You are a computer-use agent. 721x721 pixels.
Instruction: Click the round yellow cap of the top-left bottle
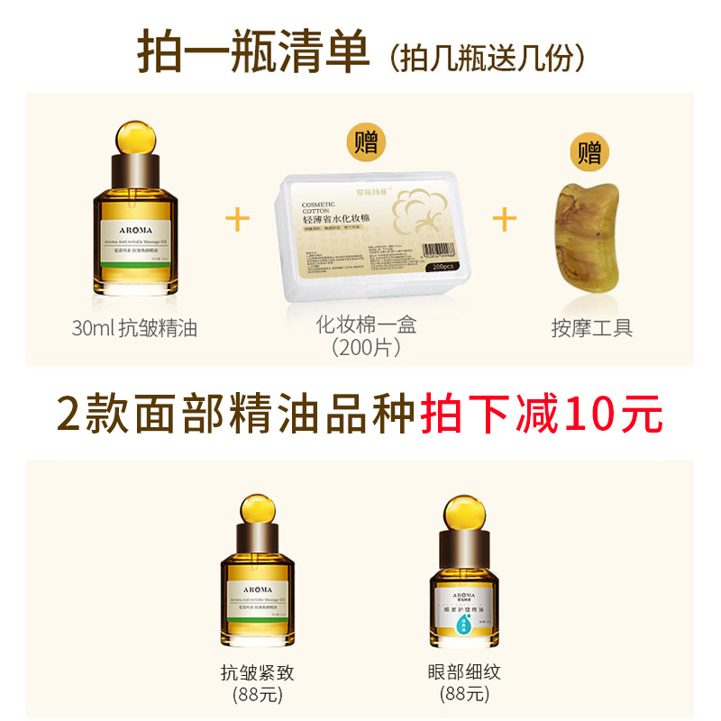pyautogui.click(x=134, y=139)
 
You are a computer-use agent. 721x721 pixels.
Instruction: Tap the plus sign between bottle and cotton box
pyautogui.click(x=237, y=219)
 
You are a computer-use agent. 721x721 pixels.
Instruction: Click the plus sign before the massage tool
pyautogui.click(x=505, y=219)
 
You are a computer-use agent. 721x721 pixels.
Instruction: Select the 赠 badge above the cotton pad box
pyautogui.click(x=366, y=142)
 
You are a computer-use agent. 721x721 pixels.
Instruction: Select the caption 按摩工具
pyautogui.click(x=591, y=328)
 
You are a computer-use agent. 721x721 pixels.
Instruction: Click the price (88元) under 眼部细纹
pyautogui.click(x=465, y=694)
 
